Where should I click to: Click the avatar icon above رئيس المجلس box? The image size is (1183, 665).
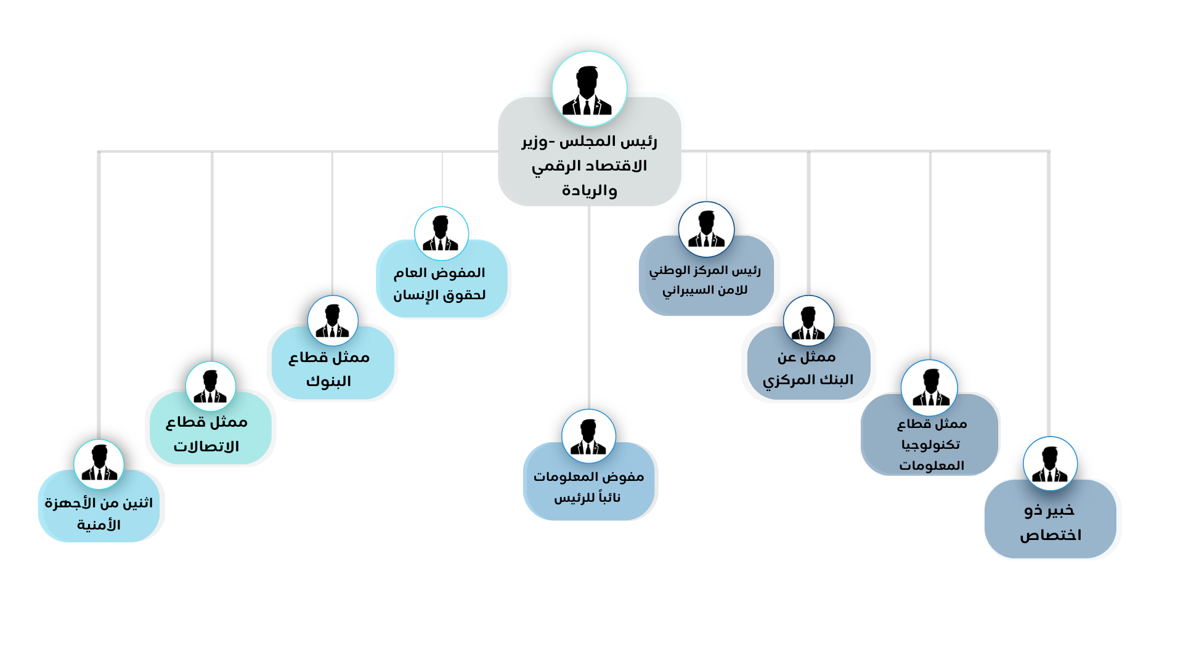click(x=589, y=89)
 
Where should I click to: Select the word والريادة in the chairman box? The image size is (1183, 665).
click(x=589, y=190)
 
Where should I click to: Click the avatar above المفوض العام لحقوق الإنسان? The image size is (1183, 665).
click(x=441, y=233)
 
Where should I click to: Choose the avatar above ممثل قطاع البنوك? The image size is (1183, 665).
click(x=333, y=321)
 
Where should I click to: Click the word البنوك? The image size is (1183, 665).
click(x=328, y=381)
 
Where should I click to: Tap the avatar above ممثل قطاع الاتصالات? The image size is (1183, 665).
click(x=211, y=386)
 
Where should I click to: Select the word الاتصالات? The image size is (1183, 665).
click(x=206, y=446)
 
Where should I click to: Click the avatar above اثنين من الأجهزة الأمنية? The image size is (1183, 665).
click(x=99, y=464)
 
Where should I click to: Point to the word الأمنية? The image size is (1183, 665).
click(x=99, y=525)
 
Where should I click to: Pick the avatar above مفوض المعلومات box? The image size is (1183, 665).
click(x=588, y=437)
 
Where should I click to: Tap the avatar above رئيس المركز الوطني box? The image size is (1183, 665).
click(x=706, y=229)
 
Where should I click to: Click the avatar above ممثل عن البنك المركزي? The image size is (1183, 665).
click(x=808, y=321)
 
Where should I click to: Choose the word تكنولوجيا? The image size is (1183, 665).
click(x=930, y=445)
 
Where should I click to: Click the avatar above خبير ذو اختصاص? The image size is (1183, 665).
click(x=1050, y=464)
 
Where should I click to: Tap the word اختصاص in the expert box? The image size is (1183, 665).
click(x=1051, y=535)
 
